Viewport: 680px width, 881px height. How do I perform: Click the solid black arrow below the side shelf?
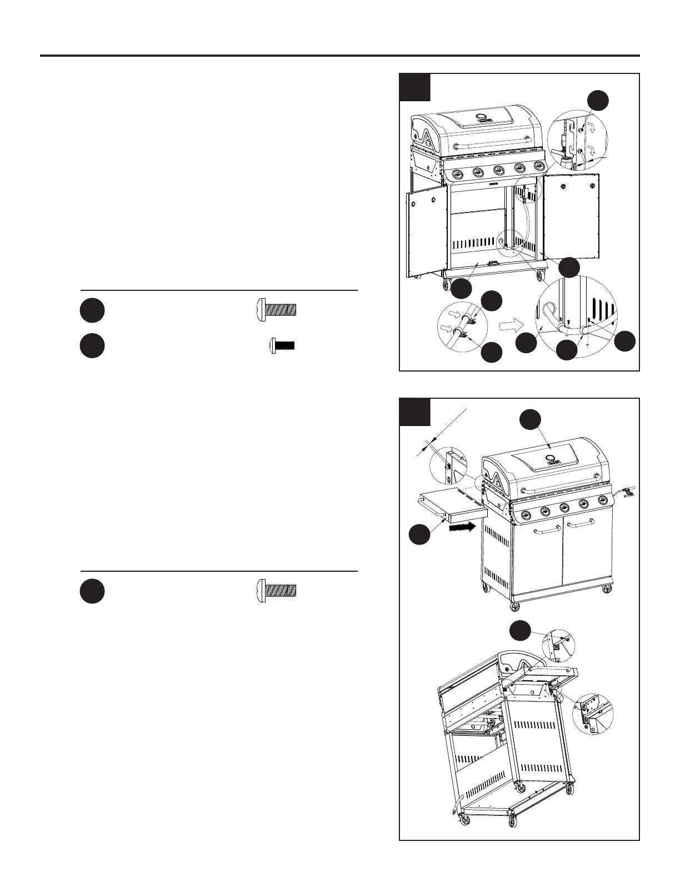pos(462,526)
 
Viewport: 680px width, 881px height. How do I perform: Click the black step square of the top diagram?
pos(415,87)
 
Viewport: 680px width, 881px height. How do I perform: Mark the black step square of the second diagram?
pos(415,412)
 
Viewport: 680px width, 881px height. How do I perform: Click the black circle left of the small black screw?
pos(92,345)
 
